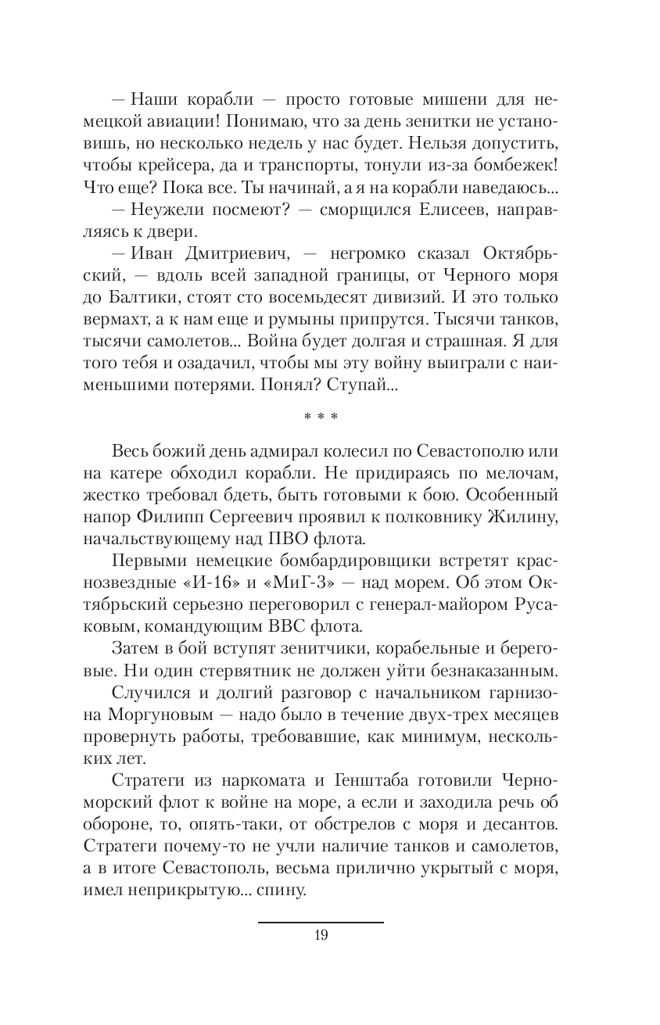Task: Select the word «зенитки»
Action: (448, 122)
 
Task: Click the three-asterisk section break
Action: (321, 417)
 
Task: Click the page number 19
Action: (321, 935)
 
